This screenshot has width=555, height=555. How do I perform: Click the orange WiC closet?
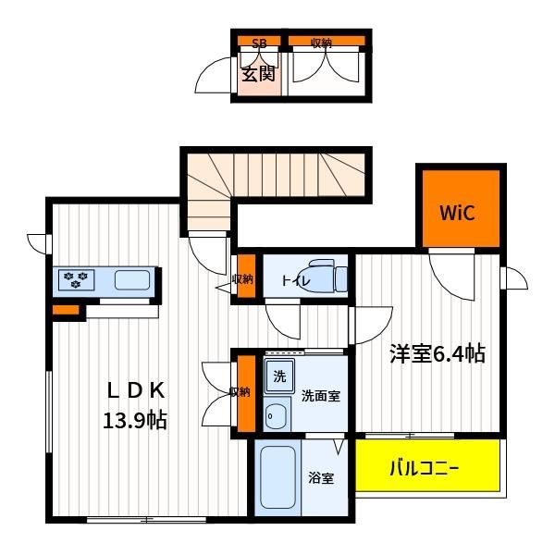(461, 208)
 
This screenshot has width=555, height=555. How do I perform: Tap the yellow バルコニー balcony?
(427, 465)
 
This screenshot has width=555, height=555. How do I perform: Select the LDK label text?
(136, 390)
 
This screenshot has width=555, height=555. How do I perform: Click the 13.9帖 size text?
(135, 420)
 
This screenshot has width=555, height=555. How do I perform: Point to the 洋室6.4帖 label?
(438, 353)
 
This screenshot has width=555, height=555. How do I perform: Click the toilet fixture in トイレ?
(327, 276)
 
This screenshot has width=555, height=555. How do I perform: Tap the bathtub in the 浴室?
(277, 477)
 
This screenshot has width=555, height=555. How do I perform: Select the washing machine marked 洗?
(279, 376)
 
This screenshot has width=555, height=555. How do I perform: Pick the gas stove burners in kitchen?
(76, 279)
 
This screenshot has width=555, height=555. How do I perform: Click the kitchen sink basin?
(132, 280)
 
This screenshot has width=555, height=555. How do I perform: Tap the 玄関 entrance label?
(259, 74)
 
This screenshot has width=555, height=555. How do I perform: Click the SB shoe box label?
(259, 43)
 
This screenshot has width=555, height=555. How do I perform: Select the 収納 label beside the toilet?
(242, 279)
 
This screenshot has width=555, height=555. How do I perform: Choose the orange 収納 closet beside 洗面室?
(246, 393)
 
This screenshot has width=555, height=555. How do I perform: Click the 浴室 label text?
(321, 478)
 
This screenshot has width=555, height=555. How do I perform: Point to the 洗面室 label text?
(321, 396)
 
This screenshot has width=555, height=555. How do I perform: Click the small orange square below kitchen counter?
(66, 310)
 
